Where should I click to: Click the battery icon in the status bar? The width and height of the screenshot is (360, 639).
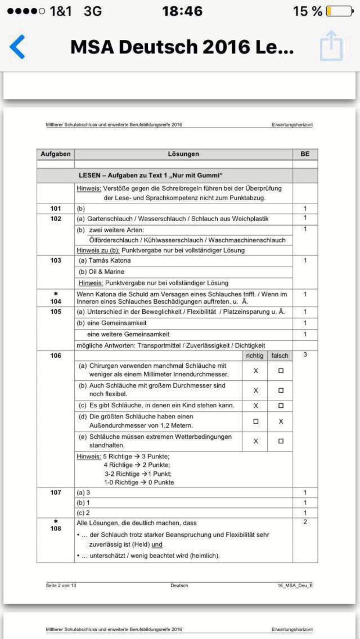point(340,11)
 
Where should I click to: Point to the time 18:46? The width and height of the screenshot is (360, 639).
point(182,11)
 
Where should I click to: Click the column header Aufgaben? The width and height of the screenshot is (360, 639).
point(55,154)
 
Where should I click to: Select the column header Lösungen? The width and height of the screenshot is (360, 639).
point(183,154)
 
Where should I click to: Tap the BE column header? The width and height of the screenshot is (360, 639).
point(305,154)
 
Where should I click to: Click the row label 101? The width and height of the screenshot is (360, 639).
point(55,209)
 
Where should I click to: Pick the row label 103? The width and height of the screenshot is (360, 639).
point(55,260)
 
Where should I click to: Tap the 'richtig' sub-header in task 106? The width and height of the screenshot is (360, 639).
point(255,355)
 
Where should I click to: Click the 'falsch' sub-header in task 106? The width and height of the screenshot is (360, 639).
point(280,355)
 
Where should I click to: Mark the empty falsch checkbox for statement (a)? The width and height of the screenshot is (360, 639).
point(280,371)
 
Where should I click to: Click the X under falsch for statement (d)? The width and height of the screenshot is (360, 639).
point(280,421)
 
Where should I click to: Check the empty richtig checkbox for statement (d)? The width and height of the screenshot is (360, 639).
point(255,421)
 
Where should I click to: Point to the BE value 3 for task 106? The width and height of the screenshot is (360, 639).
point(305,355)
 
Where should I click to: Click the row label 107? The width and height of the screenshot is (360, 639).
point(55,492)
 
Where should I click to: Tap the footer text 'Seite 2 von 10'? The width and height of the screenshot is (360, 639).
point(61,586)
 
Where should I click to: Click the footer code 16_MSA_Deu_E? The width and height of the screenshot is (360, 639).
point(295,586)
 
